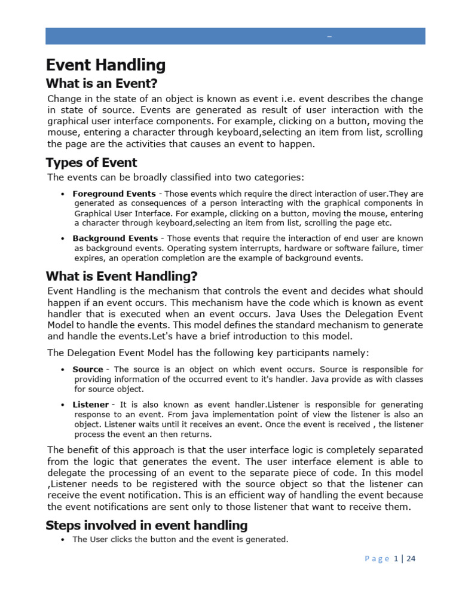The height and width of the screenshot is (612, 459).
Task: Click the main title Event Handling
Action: (106, 65)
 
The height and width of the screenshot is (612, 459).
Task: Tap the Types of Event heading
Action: (91, 163)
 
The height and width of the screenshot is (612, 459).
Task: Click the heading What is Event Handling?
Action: (121, 276)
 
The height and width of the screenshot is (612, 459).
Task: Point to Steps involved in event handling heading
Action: (146, 525)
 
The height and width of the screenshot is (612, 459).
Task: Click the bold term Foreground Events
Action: (114, 194)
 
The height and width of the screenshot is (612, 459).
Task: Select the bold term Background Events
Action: (115, 238)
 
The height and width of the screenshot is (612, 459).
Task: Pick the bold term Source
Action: (88, 369)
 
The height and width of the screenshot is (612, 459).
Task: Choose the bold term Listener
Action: (91, 405)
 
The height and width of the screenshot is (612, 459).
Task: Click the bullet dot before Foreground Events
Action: (63, 194)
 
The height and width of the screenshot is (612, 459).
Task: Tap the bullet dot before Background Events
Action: (63, 239)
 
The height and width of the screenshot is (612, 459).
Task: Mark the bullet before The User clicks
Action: (63, 540)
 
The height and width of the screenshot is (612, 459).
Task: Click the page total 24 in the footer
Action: (411, 559)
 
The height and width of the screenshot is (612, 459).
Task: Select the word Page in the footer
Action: (377, 559)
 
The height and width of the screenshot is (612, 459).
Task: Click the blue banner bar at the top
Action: (235, 36)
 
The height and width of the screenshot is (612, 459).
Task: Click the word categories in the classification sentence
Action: (280, 177)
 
